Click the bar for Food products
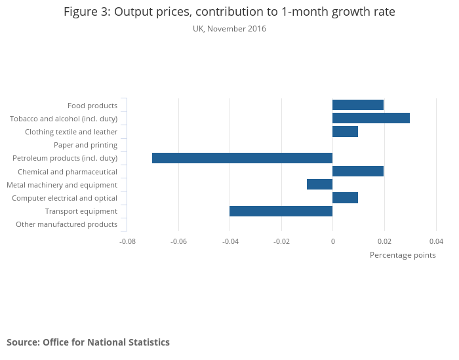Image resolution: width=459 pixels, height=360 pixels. coord(358,105)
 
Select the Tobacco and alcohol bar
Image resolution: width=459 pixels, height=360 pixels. coord(371,118)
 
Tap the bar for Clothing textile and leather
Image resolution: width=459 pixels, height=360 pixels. coord(345,132)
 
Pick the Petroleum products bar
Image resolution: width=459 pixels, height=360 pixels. coord(242,158)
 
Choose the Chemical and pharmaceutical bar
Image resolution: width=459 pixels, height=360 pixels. coord(358,171)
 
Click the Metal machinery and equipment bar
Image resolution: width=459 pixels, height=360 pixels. coord(319,184)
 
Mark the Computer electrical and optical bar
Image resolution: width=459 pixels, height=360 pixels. coord(345,198)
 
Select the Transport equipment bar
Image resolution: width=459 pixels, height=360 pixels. coord(281,211)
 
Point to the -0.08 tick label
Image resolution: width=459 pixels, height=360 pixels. coord(127,241)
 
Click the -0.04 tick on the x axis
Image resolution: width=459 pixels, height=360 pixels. coord(230,241)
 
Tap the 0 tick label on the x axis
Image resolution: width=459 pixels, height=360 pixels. coord(332,241)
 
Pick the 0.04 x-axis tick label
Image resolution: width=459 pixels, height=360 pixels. coord(436,241)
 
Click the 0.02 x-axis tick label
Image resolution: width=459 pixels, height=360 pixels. coord(384,241)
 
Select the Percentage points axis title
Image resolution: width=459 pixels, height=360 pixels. coord(403,255)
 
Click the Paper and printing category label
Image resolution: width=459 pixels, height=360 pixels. coord(85,145)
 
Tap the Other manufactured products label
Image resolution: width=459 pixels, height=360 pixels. coord(66,224)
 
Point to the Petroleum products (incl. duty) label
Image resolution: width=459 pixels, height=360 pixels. coord(65,158)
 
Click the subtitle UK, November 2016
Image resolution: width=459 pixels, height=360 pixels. coord(229,29)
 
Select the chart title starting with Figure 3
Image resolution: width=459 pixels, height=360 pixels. coord(229,12)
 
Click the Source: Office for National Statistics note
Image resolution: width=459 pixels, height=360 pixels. coord(88,342)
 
